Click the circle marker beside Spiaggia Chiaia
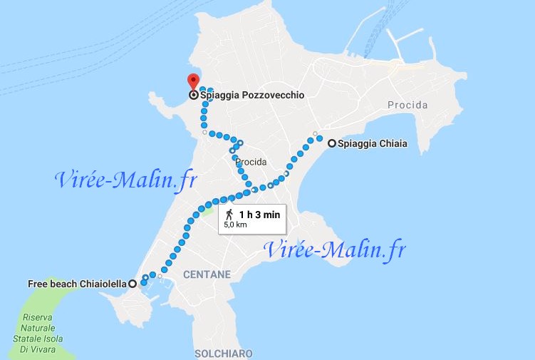pyautogui.click(x=332, y=143)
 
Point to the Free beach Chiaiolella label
pyautogui.click(x=77, y=283)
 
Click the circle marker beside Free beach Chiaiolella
pyautogui.click(x=133, y=283)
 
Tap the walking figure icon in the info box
pyautogui.click(x=229, y=214)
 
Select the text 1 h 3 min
pyautogui.click(x=259, y=214)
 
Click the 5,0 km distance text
pyautogui.click(x=235, y=225)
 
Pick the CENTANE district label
pyautogui.click(x=207, y=274)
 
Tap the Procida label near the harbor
pyautogui.click(x=407, y=106)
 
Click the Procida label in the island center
pyautogui.click(x=250, y=162)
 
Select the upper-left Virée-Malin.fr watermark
pyautogui.click(x=125, y=180)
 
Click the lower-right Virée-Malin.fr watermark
pyautogui.click(x=335, y=250)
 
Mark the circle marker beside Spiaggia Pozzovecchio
pyautogui.click(x=193, y=95)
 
